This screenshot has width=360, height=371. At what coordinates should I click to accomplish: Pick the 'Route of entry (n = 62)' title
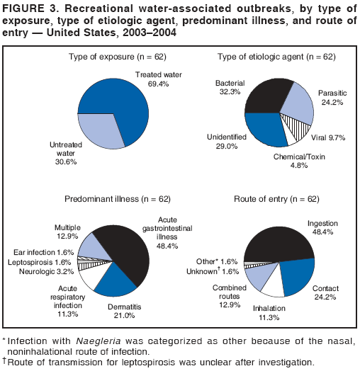coord(279,200)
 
